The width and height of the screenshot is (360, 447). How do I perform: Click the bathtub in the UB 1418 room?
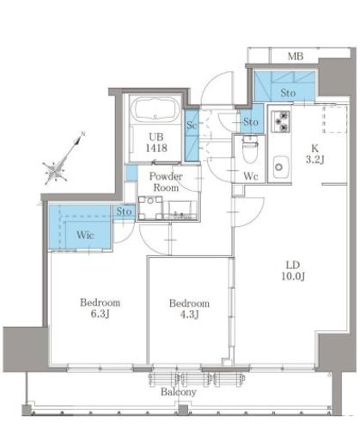coord(155,110)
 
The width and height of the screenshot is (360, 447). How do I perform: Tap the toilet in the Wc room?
coord(250,149)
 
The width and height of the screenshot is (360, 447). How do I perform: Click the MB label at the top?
coord(296,56)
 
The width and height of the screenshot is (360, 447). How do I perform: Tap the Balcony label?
coord(179,392)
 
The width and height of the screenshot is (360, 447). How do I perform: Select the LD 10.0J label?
coord(293,271)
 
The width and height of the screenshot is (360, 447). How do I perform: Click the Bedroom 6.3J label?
coord(100,309)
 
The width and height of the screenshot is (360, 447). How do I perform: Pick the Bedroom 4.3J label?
coord(189,309)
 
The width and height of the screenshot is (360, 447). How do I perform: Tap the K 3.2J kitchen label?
coord(314,154)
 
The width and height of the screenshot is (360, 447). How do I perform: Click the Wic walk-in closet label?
coord(85,236)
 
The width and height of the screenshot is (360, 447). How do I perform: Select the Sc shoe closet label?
coord(192,126)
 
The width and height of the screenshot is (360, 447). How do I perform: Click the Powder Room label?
coord(166,182)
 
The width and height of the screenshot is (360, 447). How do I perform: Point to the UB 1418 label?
coord(156,143)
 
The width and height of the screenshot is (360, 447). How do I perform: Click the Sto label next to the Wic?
coord(124,211)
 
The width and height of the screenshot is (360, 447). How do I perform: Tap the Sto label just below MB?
coord(288,93)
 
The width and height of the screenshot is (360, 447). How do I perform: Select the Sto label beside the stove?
coord(251,122)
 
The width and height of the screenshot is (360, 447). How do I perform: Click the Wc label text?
coord(251,176)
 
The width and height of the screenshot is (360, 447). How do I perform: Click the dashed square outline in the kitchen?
coord(335,119)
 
